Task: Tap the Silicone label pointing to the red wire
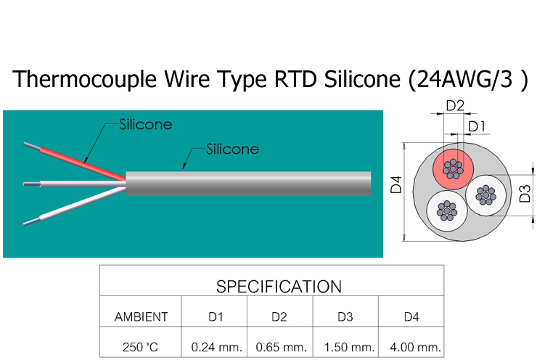pyautogui.click(x=145, y=124)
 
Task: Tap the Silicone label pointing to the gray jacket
pyautogui.click(x=232, y=150)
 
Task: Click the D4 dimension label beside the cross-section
pyautogui.click(x=396, y=188)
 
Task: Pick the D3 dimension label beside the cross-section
pyautogui.click(x=523, y=195)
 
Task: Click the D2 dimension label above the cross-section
pyautogui.click(x=455, y=105)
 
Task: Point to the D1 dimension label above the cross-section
pyautogui.click(x=477, y=127)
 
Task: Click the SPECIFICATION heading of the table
pyautogui.click(x=279, y=286)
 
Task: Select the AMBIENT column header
pyautogui.click(x=141, y=316)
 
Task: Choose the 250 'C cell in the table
pyautogui.click(x=141, y=346)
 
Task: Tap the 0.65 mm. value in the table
pyautogui.click(x=280, y=346)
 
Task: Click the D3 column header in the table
pyautogui.click(x=345, y=316)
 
